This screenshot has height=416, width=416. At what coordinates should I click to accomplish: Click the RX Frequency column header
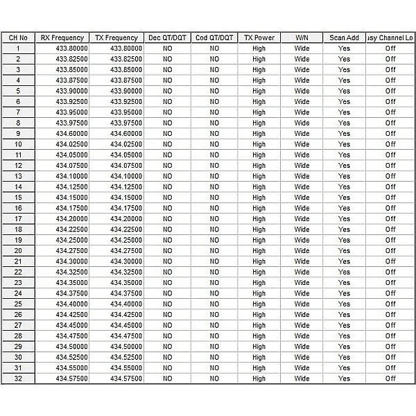click(62, 37)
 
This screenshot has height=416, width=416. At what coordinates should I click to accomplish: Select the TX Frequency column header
click(116, 37)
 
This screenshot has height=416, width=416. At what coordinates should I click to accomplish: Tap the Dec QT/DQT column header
click(167, 37)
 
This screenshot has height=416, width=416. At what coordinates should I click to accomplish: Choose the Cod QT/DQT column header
click(214, 37)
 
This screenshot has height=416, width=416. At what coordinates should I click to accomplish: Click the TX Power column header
click(259, 37)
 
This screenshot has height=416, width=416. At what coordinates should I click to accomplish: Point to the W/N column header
click(302, 37)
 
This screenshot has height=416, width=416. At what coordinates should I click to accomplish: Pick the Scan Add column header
click(344, 37)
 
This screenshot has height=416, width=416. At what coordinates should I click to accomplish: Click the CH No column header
click(18, 37)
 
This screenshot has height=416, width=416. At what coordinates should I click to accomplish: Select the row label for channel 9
click(18, 134)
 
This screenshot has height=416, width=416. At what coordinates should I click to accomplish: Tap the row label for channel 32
click(18, 379)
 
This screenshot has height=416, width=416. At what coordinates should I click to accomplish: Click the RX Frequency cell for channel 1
click(62, 49)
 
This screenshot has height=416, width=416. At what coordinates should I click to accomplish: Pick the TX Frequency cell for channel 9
click(116, 134)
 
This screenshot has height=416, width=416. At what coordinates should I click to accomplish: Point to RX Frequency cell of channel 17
click(62, 219)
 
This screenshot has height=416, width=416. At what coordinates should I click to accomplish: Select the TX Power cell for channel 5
click(259, 91)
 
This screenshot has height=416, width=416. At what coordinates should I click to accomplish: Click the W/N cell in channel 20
click(302, 251)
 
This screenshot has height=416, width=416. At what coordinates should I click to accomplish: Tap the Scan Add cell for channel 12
click(344, 166)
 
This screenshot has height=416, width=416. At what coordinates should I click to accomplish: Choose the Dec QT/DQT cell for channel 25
click(167, 304)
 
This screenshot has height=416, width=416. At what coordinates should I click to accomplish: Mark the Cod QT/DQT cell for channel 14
click(214, 187)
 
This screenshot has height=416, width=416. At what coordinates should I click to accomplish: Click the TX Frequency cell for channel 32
click(116, 379)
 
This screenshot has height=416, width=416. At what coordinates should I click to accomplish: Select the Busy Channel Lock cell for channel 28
click(390, 336)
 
